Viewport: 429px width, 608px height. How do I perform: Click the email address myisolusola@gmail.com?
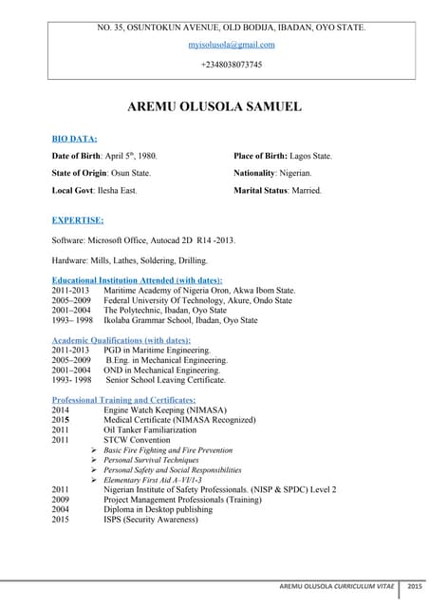[x=232, y=45]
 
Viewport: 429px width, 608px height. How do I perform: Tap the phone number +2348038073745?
[x=232, y=65]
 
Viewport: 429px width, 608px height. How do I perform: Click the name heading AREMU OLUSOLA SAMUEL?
[x=214, y=106]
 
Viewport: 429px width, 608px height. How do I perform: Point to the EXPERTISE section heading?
[x=78, y=219]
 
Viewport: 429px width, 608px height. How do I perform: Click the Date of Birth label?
[x=84, y=156]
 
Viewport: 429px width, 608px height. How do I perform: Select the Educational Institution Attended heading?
[x=137, y=280]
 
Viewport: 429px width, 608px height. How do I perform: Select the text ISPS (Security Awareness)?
[x=152, y=520]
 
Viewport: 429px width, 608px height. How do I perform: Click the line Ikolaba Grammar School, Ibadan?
[x=180, y=320]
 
